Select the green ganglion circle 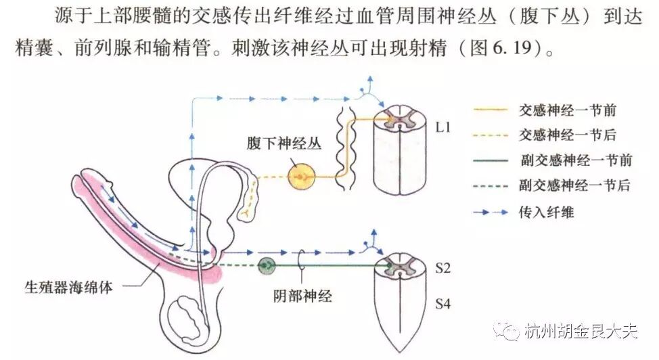[x=267, y=265]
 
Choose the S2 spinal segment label [x=442, y=268]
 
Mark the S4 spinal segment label [x=442, y=304]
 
